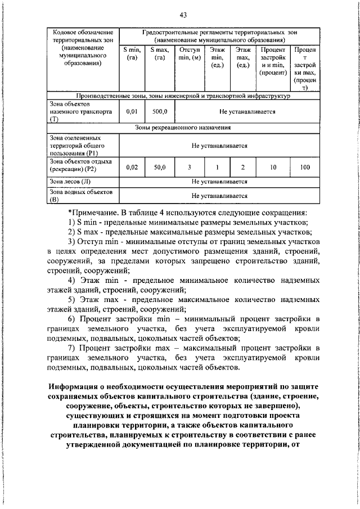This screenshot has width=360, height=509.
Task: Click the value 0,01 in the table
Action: tap(132, 111)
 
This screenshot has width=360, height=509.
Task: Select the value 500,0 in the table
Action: tap(160, 111)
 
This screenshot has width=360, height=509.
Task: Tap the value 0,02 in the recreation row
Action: tap(132, 167)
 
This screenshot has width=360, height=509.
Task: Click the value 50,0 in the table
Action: tap(160, 167)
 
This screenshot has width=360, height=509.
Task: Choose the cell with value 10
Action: tap(273, 167)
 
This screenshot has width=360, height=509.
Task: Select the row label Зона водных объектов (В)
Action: tap(79, 195)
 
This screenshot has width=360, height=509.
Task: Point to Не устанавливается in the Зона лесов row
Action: tap(219, 182)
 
